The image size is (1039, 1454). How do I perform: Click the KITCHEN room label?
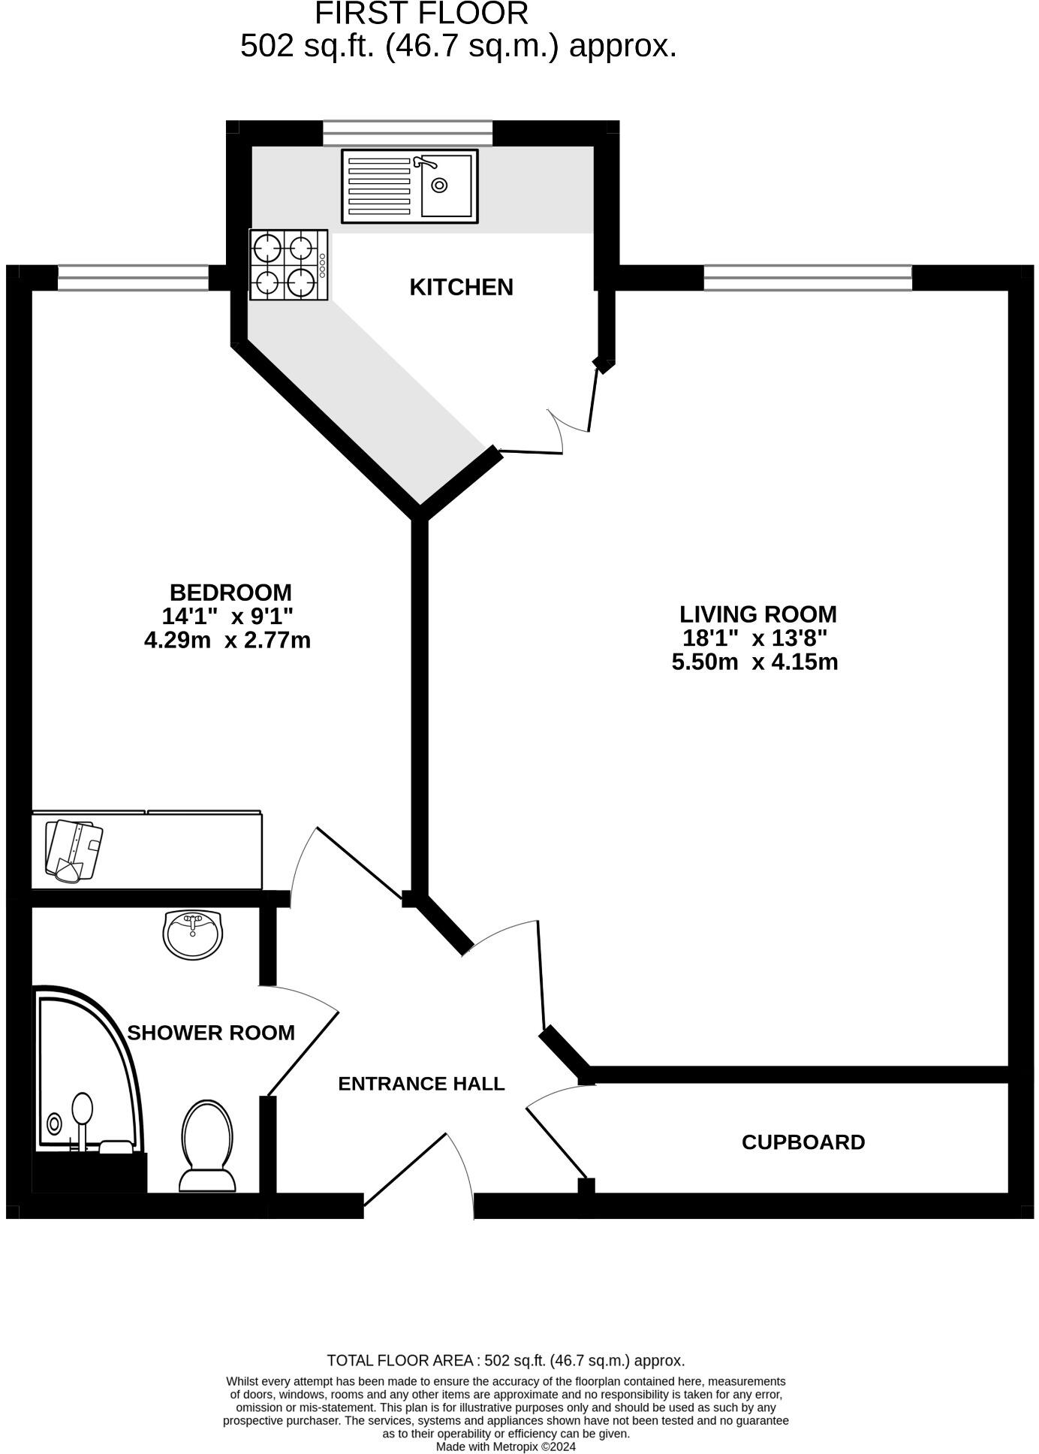click(x=461, y=287)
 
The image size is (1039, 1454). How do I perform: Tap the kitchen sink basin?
click(x=447, y=186)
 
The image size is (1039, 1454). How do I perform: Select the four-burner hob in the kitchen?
click(x=289, y=265)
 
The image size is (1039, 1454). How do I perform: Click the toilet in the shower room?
click(x=207, y=1145)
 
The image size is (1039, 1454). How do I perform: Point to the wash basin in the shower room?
click(x=193, y=934)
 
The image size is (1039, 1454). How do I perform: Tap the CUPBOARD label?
click(x=803, y=1142)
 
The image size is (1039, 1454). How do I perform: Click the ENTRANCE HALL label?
click(x=421, y=1083)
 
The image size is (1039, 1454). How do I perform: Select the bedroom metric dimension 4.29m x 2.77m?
click(x=227, y=641)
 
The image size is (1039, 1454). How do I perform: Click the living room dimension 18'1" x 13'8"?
click(x=754, y=638)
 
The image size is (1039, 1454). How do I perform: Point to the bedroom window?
click(x=133, y=278)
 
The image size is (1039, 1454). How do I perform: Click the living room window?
click(x=807, y=278)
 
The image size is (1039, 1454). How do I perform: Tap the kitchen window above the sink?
click(x=408, y=133)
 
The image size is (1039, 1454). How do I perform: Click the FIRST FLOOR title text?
click(x=421, y=14)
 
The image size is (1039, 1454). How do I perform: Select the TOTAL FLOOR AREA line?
click(x=505, y=1360)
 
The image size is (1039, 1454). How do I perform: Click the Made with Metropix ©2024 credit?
click(x=505, y=1446)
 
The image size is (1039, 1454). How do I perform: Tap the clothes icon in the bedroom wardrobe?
click(x=74, y=850)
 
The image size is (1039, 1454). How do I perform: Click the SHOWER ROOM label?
click(x=211, y=1033)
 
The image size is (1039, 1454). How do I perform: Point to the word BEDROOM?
click(x=230, y=592)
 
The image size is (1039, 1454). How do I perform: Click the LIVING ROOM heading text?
click(x=757, y=614)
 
